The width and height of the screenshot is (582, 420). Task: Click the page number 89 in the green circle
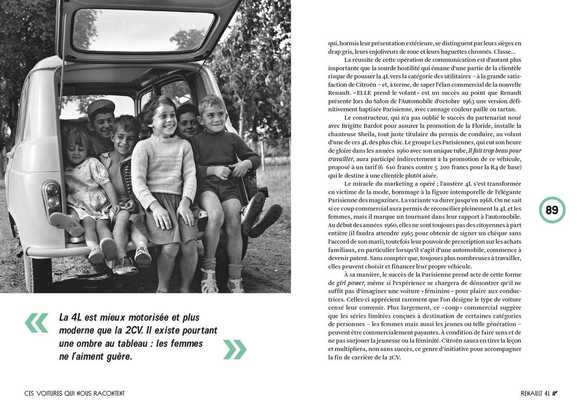(x=552, y=210)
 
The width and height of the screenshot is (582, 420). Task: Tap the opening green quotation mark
(x=37, y=323)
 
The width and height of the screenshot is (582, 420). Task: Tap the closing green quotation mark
(x=235, y=349)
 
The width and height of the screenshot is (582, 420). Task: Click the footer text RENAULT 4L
(x=535, y=393)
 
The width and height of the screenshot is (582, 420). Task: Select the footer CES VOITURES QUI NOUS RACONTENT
(x=74, y=393)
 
